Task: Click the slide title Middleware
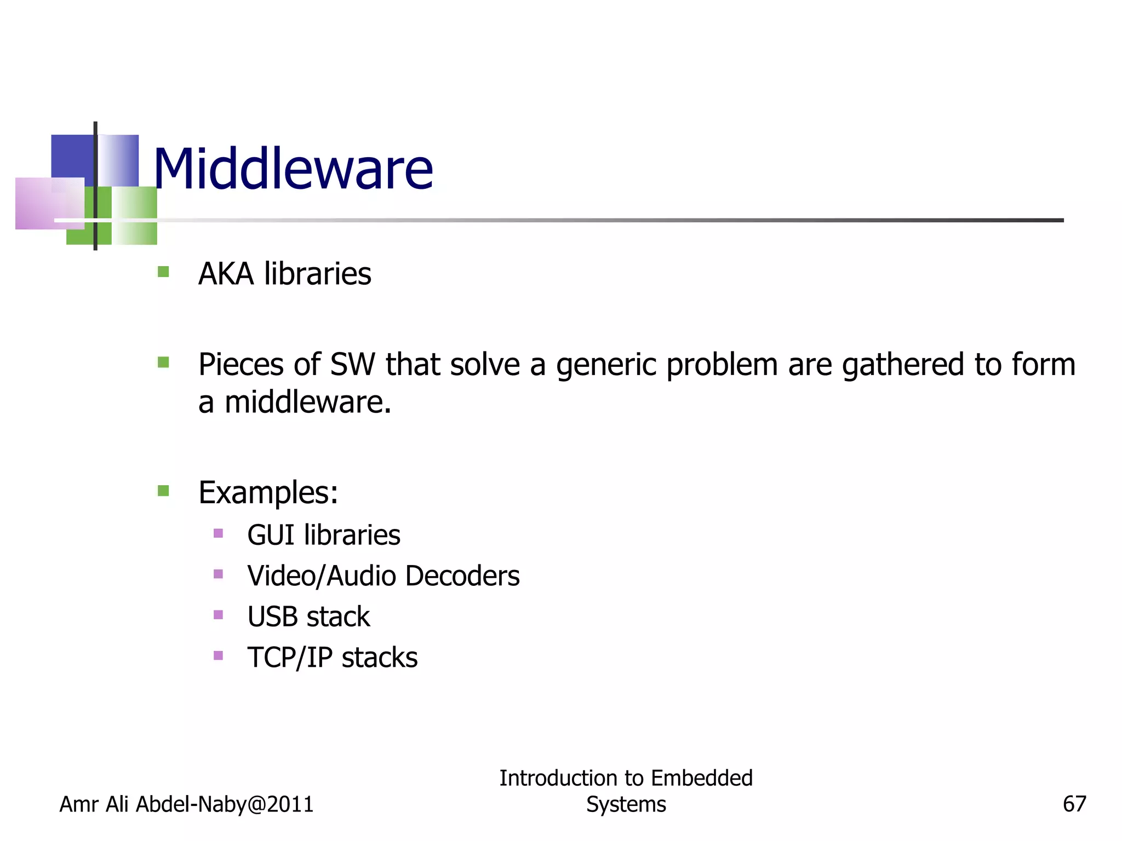(x=293, y=169)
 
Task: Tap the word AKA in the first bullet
(x=226, y=274)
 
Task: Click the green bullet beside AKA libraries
(x=163, y=272)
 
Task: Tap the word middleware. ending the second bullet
(x=308, y=402)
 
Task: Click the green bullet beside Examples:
(x=163, y=490)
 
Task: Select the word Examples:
(x=268, y=493)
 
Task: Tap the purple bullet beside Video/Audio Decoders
(x=218, y=574)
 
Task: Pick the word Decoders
(x=462, y=576)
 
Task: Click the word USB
(x=272, y=617)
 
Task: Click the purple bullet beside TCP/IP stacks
(x=218, y=655)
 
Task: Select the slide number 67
(x=1074, y=804)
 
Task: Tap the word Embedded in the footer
(x=702, y=778)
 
